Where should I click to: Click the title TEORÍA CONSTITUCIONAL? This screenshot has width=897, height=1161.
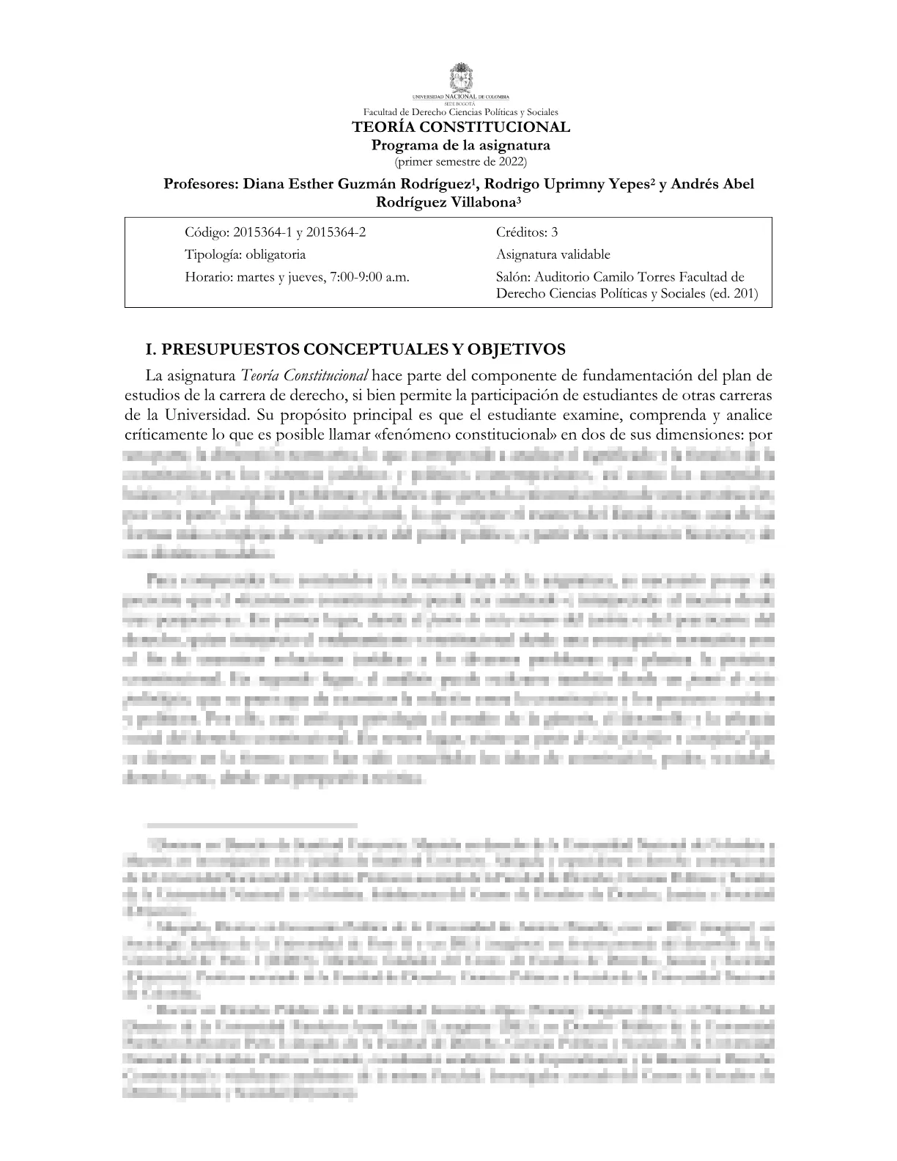pyautogui.click(x=461, y=128)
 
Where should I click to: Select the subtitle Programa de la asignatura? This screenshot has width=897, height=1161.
pyautogui.click(x=461, y=145)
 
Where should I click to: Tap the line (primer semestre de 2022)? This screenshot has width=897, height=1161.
pyautogui.click(x=461, y=161)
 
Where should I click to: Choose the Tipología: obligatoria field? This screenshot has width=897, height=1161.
pyautogui.click(x=245, y=254)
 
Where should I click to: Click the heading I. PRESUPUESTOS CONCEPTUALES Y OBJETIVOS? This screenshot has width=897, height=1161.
pyautogui.click(x=355, y=348)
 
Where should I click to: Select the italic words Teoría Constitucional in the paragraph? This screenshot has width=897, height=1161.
pyautogui.click(x=304, y=377)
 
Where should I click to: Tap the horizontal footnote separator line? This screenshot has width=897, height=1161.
pyautogui.click(x=251, y=825)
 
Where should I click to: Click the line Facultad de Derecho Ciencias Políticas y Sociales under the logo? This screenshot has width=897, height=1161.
pyautogui.click(x=461, y=112)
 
